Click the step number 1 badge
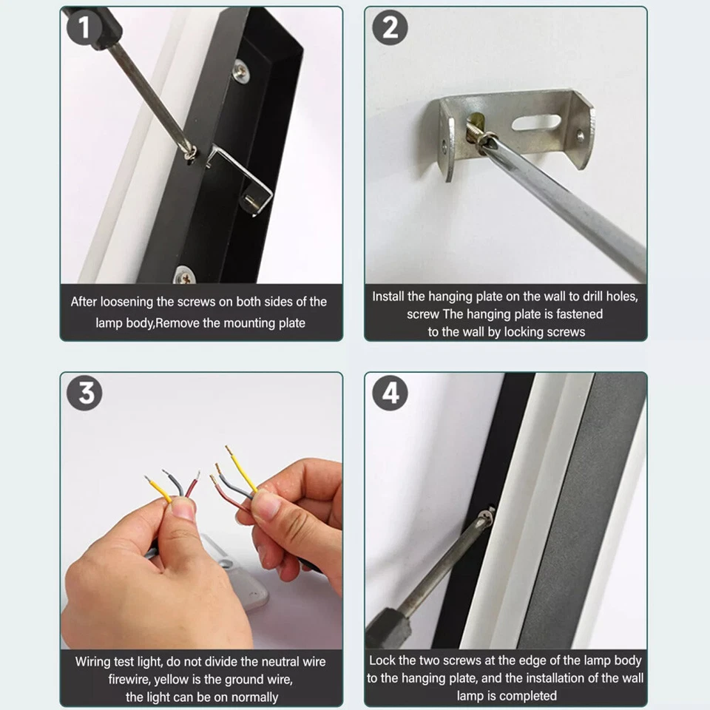click(x=84, y=27)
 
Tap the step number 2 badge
click(x=390, y=27)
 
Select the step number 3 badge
click(x=84, y=393)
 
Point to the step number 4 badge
click(x=390, y=393)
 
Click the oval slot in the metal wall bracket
click(x=536, y=122)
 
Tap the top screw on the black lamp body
click(x=241, y=71)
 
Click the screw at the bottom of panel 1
click(x=185, y=275)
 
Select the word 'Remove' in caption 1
click(x=177, y=323)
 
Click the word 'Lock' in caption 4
click(x=382, y=660)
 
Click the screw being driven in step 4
click(x=487, y=515)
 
